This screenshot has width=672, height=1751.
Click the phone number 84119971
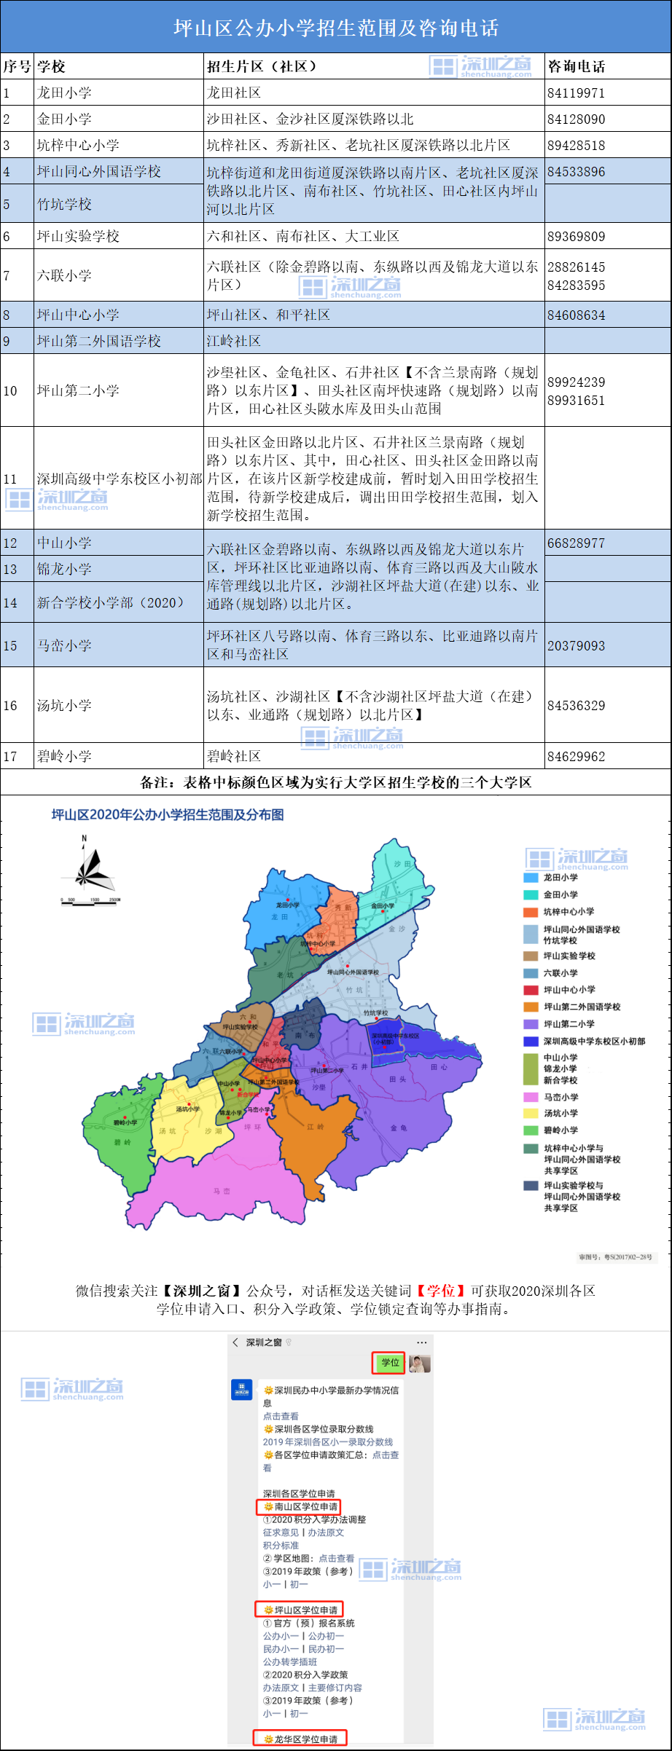pyautogui.click(x=576, y=93)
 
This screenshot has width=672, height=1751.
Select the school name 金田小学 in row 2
pyautogui.click(x=64, y=119)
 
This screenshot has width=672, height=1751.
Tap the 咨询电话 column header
pyautogui.click(x=576, y=66)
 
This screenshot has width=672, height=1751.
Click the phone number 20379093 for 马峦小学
pyautogui.click(x=576, y=646)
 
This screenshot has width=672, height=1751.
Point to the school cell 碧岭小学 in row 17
pyautogui.click(x=64, y=756)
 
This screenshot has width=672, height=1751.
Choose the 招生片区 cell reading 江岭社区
pyautogui.click(x=234, y=341)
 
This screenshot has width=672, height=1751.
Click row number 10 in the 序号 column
pyautogui.click(x=10, y=391)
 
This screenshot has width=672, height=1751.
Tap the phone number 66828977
pyautogui.click(x=576, y=543)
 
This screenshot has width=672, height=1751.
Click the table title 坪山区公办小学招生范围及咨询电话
pyautogui.click(x=336, y=28)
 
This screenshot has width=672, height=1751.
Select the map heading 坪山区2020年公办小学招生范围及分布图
pyautogui.click(x=168, y=814)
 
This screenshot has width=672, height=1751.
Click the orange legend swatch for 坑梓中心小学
pyautogui.click(x=531, y=912)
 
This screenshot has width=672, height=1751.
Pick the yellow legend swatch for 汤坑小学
pyautogui.click(x=531, y=1113)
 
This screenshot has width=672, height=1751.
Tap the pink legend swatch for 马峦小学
pyautogui.click(x=531, y=1097)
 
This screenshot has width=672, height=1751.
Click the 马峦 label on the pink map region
pyautogui.click(x=222, y=1192)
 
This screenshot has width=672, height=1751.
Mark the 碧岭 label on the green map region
pyautogui.click(x=122, y=1142)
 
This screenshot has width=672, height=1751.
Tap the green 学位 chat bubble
pyautogui.click(x=390, y=1362)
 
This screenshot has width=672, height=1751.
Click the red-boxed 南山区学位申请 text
pyautogui.click(x=300, y=1506)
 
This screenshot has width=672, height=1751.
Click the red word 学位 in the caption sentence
pyautogui.click(x=440, y=1291)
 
